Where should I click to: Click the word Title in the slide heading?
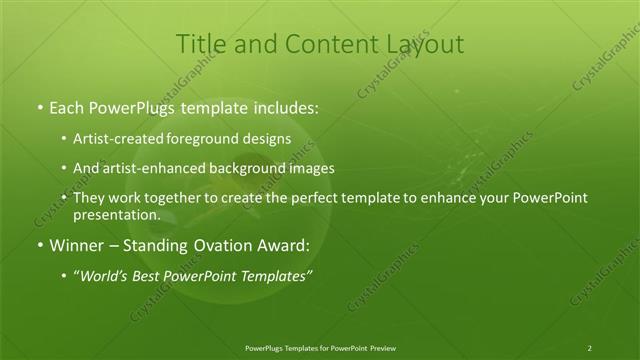(x=200, y=44)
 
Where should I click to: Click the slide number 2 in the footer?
(x=590, y=348)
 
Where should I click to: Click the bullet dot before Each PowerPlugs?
(x=39, y=105)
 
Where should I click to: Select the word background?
(x=253, y=169)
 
